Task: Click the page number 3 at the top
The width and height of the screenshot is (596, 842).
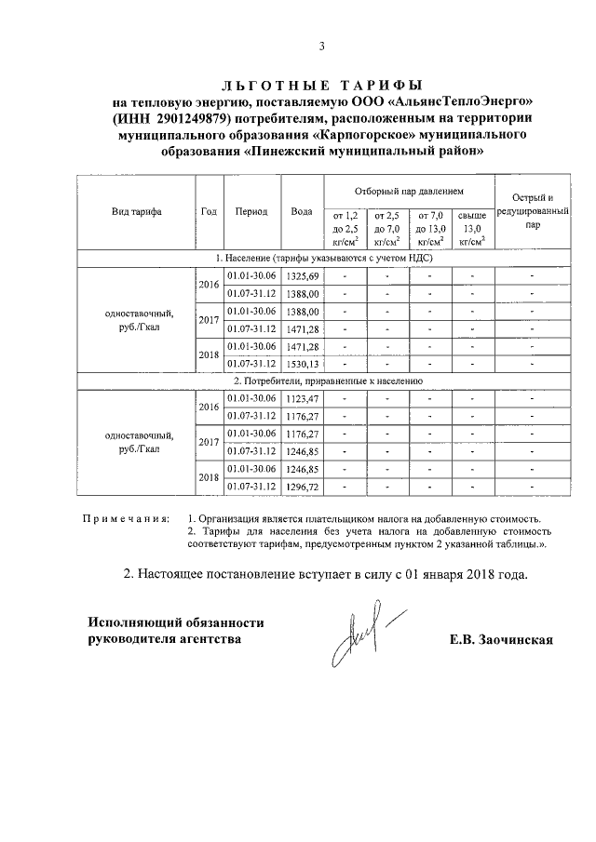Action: [322, 47]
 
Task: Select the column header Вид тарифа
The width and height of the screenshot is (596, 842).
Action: [136, 211]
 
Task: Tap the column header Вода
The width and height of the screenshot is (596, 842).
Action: [301, 211]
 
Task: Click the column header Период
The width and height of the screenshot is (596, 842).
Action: [251, 211]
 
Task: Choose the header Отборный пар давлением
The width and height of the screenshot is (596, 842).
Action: [409, 190]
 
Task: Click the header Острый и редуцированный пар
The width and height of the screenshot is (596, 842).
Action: [532, 211]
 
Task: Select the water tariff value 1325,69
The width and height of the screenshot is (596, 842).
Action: [303, 276]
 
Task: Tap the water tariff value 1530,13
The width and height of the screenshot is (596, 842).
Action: [303, 363]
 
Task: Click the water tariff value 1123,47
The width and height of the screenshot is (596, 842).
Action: [303, 398]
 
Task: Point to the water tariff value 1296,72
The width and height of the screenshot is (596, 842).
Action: [303, 486]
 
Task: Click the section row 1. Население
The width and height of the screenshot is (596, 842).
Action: [321, 258]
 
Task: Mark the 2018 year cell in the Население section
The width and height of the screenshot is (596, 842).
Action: [207, 354]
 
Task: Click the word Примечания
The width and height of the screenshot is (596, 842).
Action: [126, 517]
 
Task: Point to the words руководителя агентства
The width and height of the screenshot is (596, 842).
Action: [169, 640]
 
